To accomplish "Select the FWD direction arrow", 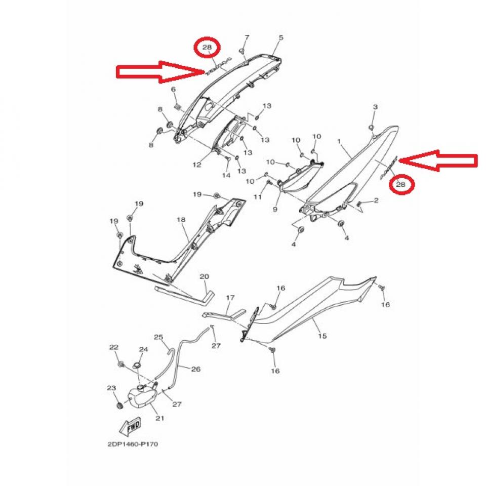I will click(131, 425).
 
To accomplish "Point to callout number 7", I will click(247, 37).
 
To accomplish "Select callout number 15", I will click(322, 336).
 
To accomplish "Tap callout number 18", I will click(181, 220).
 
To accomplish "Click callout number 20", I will click(204, 276).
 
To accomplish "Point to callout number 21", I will click(160, 418).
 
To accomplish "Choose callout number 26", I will click(196, 369).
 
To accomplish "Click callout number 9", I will click(275, 209).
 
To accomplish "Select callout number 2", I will click(376, 200).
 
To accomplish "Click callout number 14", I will click(226, 175).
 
